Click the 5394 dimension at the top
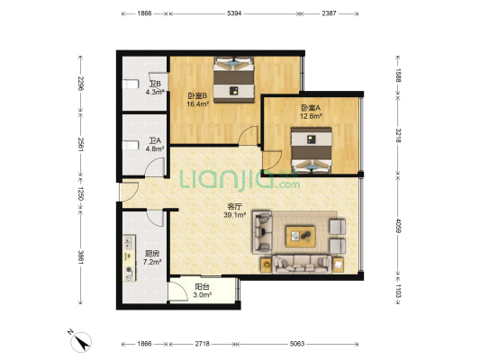[x=234, y=13]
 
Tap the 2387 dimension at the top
[x=329, y=13]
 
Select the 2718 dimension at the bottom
[x=203, y=344]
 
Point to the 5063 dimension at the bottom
[x=297, y=344]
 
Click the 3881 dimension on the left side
[x=80, y=257]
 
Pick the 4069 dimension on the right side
[x=398, y=225]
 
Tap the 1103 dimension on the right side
[x=398, y=291]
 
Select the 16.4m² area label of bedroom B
[x=198, y=104]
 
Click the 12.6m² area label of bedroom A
[x=311, y=116]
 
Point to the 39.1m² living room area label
[x=235, y=215]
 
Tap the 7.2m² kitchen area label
[x=152, y=262]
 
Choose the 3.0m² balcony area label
[x=203, y=295]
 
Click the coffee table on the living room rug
[x=300, y=236]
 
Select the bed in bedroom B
[x=234, y=79]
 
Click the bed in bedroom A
[x=312, y=150]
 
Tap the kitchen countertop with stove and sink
[x=129, y=257]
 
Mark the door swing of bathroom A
[x=154, y=167]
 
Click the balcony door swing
[x=177, y=292]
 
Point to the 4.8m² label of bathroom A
[x=155, y=149]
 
